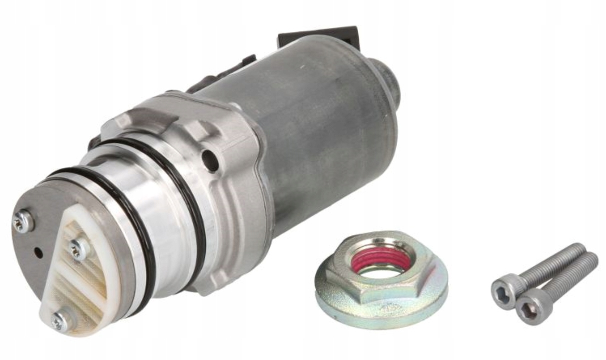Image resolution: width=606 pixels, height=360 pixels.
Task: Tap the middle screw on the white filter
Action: [x=79, y=248]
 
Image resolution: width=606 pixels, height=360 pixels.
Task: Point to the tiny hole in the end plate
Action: [x=38, y=253]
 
